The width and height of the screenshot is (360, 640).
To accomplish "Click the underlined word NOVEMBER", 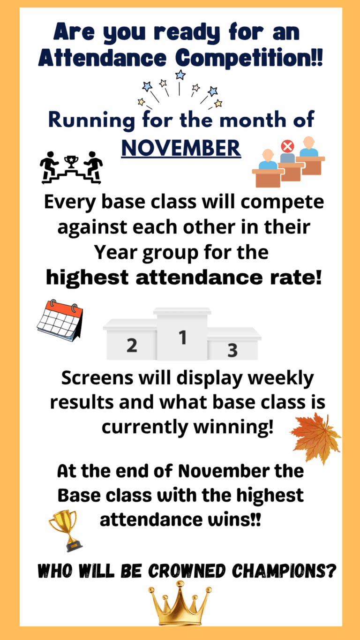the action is click(181, 148).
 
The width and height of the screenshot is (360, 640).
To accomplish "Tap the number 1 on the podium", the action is click(182, 337).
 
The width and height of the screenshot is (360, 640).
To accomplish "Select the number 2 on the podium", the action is click(132, 345).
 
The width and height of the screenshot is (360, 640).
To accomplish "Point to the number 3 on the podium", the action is click(232, 350).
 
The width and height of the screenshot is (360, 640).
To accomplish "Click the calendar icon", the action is click(60, 320).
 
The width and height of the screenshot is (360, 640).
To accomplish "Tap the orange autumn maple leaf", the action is click(316, 438).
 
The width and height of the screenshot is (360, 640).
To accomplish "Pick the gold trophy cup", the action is click(66, 530).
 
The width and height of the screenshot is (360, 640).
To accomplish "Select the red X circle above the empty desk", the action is click(287, 146).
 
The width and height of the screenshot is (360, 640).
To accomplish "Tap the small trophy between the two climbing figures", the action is click(71, 162).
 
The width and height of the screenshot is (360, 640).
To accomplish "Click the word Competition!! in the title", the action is click(249, 58).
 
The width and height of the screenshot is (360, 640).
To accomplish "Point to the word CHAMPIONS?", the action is click(284, 571).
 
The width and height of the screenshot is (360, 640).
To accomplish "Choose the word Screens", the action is click(97, 378).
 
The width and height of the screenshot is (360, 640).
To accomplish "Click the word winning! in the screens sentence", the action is click(233, 428).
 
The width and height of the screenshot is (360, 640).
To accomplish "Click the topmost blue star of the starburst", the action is click(180, 75).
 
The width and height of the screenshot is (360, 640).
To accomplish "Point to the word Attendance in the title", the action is click(102, 58).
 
